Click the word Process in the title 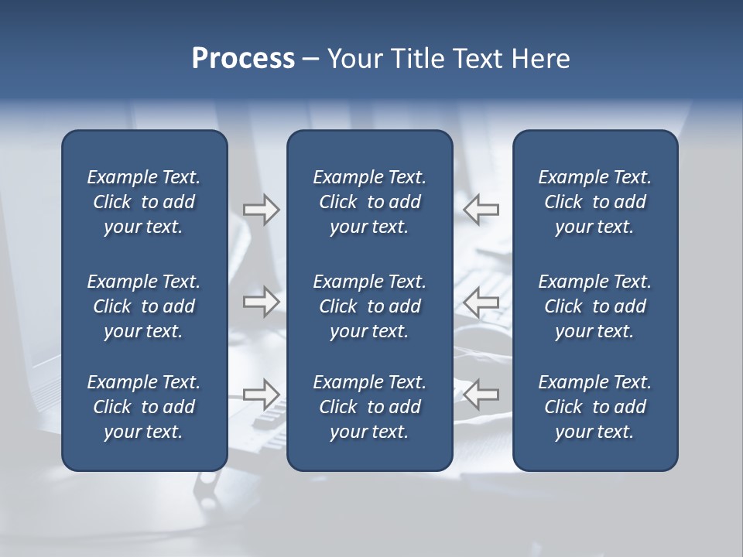(x=243, y=59)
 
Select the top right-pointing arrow (x=261, y=210)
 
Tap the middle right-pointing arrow (x=261, y=302)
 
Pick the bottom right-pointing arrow (x=261, y=394)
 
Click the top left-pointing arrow (x=481, y=210)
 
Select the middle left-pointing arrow (x=481, y=302)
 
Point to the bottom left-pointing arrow (x=481, y=394)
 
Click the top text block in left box (x=144, y=202)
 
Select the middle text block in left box (x=144, y=306)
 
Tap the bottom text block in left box (x=144, y=407)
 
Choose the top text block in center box (x=369, y=202)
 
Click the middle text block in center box (x=369, y=306)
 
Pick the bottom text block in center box (x=369, y=407)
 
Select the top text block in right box (x=594, y=202)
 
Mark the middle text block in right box (x=594, y=306)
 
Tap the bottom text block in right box (x=594, y=407)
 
